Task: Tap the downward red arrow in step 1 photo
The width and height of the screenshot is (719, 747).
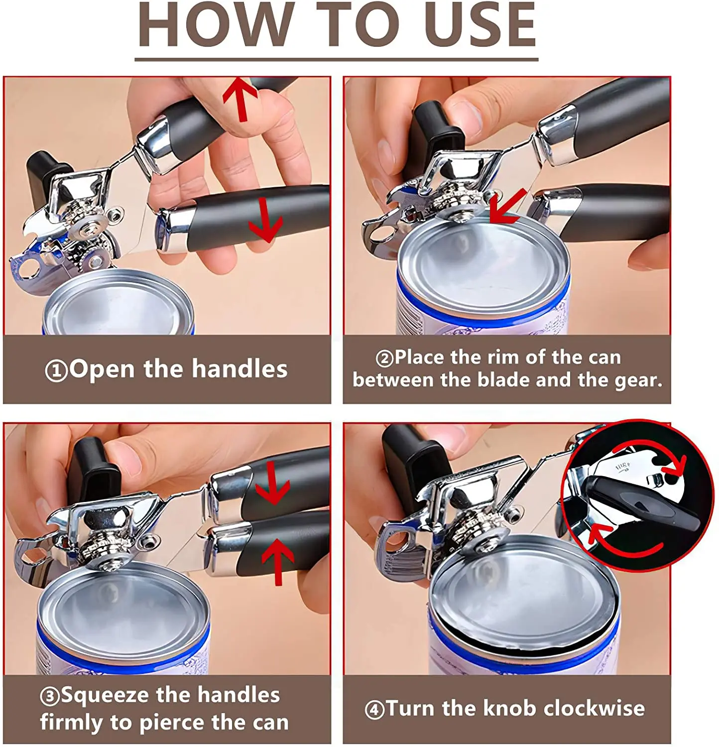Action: pos(266,220)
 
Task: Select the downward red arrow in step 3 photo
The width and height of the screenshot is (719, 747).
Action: pos(272,483)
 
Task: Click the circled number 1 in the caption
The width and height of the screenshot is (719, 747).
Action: pos(56,371)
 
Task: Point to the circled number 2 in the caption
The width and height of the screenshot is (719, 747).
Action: pos(384,359)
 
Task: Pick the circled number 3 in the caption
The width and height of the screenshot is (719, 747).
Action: pos(50,696)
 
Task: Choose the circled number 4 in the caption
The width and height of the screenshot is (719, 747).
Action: pos(374,710)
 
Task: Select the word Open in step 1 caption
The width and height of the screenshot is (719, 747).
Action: pos(103,370)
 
